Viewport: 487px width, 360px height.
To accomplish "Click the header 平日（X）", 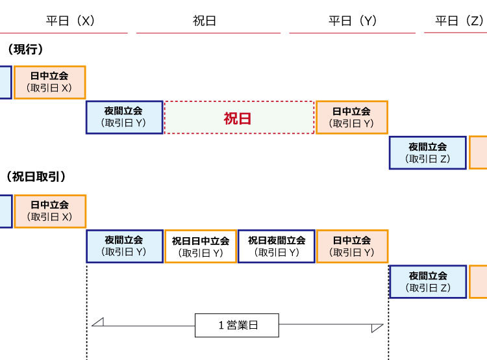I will coord(71,21).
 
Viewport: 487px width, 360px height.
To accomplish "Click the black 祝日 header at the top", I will coord(205,21).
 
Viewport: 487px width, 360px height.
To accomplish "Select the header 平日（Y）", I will coord(353,21).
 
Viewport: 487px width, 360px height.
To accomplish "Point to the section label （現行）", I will coord(25,49).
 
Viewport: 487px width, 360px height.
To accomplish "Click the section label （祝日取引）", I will coord(36,177).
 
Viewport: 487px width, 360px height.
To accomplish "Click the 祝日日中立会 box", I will coord(201,246).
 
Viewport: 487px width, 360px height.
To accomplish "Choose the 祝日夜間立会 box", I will coord(276,246).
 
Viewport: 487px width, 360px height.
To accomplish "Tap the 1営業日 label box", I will coord(237,326).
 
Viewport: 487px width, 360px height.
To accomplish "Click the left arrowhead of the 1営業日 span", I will coord(97,322).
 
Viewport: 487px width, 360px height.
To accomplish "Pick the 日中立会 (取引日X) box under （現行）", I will coord(49,82).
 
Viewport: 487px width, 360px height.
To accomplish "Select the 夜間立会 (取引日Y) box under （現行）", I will coord(124,118).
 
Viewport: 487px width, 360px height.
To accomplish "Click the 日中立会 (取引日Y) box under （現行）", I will coord(351,118).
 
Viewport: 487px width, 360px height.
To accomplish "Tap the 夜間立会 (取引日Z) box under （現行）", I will coord(427,153).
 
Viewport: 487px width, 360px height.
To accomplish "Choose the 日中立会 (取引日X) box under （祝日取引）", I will coord(49,211).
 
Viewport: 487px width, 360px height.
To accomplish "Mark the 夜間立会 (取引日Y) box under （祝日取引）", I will coord(124,246).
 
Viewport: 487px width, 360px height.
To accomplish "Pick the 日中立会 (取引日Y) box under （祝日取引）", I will coord(351,246).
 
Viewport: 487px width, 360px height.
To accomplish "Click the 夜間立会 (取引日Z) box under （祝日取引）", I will coord(427,281).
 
